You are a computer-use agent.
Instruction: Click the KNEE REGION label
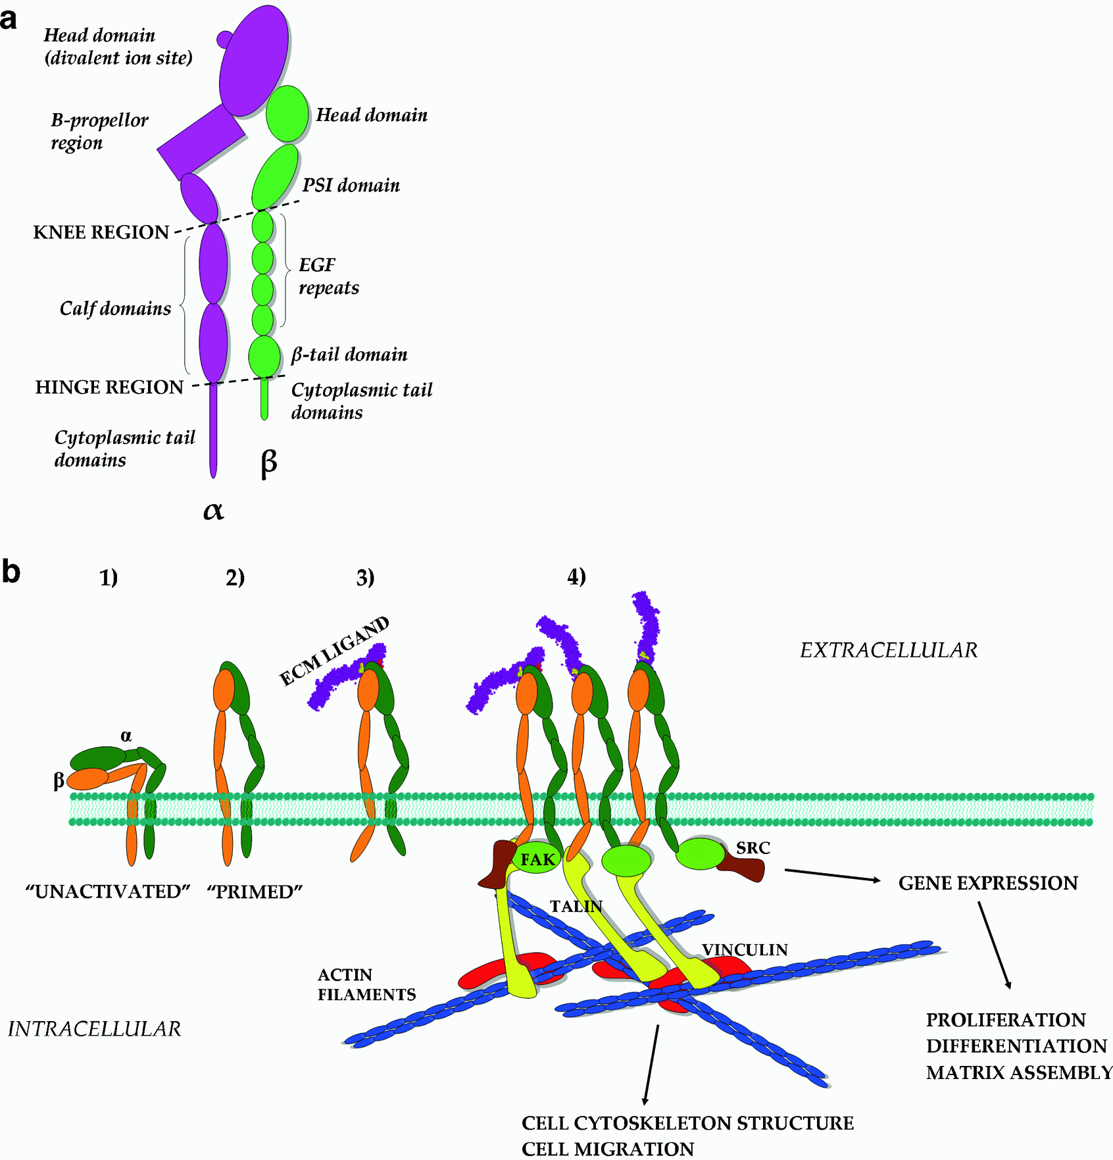(x=101, y=232)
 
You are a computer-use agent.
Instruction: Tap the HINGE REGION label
(x=109, y=387)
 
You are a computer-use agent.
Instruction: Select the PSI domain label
(x=351, y=186)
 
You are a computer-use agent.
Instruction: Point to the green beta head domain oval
(x=287, y=114)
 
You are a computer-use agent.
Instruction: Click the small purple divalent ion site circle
(x=225, y=39)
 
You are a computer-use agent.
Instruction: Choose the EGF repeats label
(x=328, y=276)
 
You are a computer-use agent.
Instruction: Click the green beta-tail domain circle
(x=264, y=356)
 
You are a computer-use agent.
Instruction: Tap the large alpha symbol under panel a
(x=213, y=510)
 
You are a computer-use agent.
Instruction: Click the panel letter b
(x=11, y=571)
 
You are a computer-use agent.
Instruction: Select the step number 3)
(x=365, y=577)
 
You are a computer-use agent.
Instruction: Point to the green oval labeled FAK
(x=537, y=859)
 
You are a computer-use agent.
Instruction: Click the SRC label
(x=753, y=848)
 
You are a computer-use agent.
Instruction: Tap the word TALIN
(x=576, y=906)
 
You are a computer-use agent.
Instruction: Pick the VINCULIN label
(x=745, y=949)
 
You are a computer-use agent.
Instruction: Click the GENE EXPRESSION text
(x=988, y=883)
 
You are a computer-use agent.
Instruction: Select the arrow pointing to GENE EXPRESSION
(x=832, y=875)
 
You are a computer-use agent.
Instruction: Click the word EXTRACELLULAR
(x=888, y=650)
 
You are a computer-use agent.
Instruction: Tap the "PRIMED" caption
(x=255, y=892)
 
